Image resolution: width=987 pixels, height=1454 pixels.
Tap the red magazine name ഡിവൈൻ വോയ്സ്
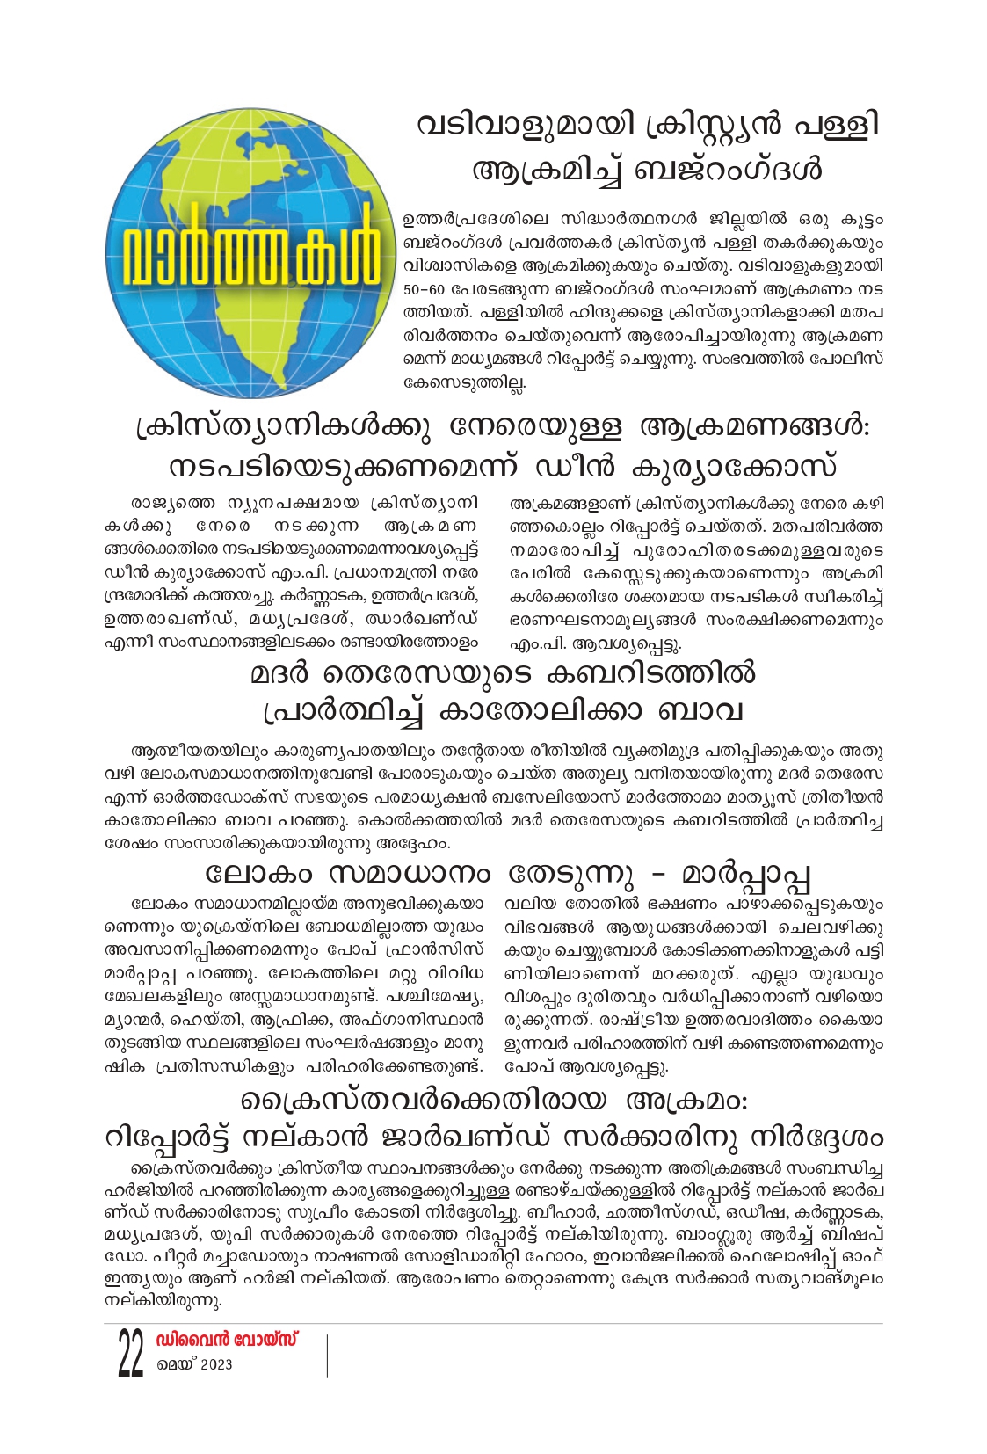click(226, 1340)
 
